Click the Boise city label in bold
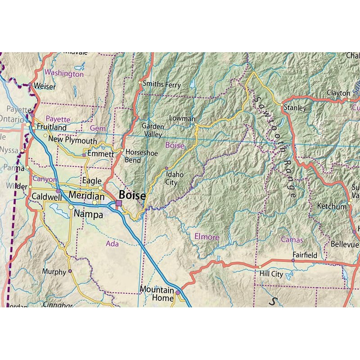click(x=132, y=196)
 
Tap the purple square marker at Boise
click(x=119, y=203)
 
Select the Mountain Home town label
click(x=156, y=294)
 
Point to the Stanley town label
click(x=295, y=108)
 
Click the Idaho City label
click(x=171, y=179)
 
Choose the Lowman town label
click(x=182, y=118)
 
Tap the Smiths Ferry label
click(x=161, y=84)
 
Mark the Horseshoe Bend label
click(x=141, y=156)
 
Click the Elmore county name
click(x=207, y=237)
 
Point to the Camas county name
click(x=292, y=240)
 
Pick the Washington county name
click(x=64, y=73)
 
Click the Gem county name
click(x=98, y=128)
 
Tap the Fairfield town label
click(x=305, y=255)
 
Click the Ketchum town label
click(x=332, y=206)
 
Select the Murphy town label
click(x=54, y=271)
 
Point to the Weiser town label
click(x=45, y=85)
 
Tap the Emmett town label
click(x=100, y=153)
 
